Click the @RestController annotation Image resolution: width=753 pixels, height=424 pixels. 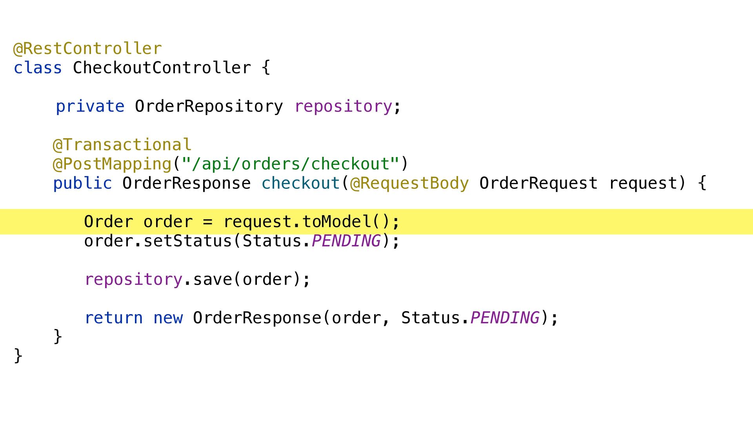click(87, 49)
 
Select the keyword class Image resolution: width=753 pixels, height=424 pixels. click(38, 68)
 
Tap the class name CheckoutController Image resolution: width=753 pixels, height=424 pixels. click(162, 68)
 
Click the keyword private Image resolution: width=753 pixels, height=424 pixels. click(90, 106)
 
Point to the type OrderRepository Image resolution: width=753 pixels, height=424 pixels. click(209, 106)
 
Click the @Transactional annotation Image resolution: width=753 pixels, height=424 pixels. click(122, 145)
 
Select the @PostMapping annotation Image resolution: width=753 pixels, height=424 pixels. click(112, 164)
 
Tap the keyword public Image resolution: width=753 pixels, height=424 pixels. click(82, 183)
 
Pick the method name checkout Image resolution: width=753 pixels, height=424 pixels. click(300, 183)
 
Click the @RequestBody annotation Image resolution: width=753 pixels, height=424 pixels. click(409, 183)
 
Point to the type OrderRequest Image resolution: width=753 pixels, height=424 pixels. click(538, 183)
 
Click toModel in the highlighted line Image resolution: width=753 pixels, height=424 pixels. click(336, 222)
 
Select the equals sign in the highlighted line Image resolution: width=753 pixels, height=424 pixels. click(208, 222)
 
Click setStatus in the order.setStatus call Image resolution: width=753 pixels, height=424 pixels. click(188, 241)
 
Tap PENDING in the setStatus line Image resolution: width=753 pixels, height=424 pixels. click(346, 241)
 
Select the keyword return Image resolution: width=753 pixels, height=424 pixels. click(114, 318)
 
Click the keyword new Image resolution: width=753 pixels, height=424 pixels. click(168, 318)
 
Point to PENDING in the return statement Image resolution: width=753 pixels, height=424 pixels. click(505, 318)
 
